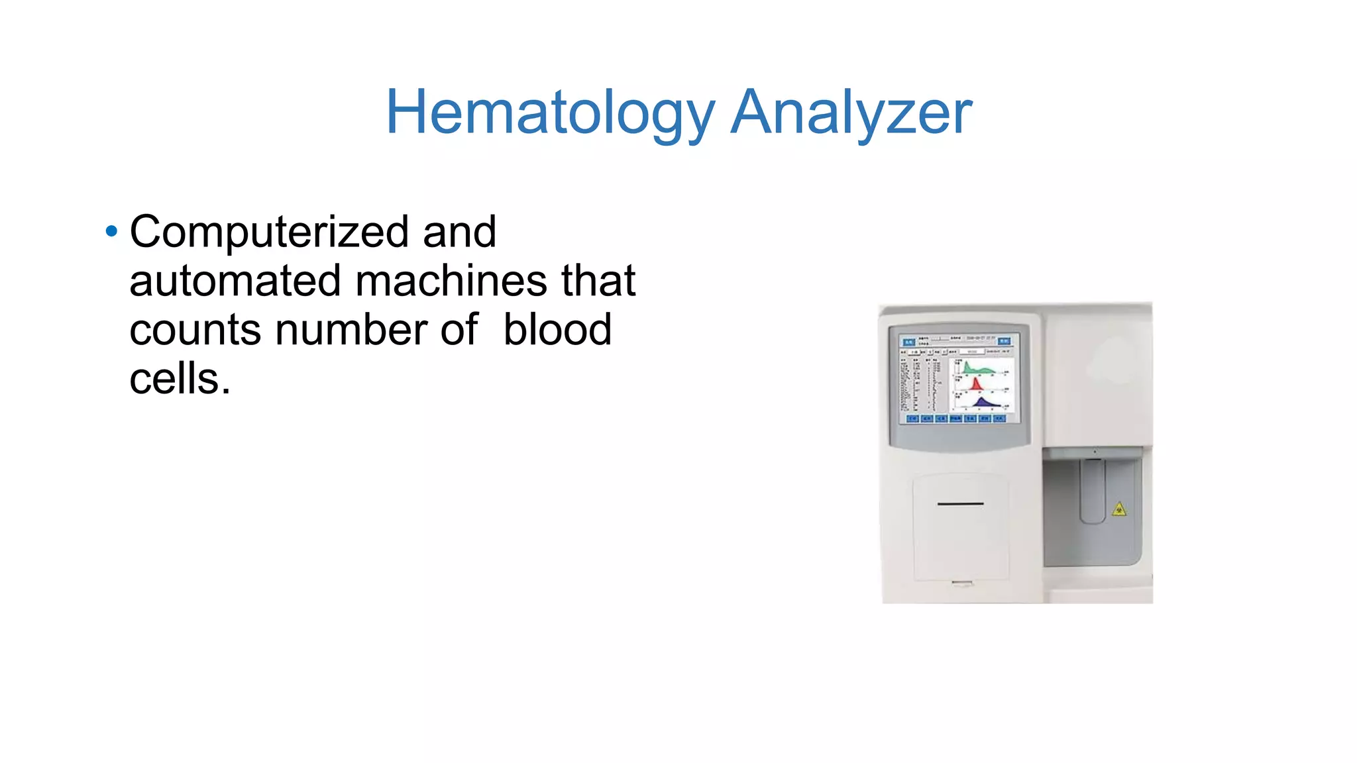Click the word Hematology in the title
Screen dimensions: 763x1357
550,113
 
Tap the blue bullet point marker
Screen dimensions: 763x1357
111,231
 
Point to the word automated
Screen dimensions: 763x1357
235,281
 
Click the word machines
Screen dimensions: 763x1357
451,281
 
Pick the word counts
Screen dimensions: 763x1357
195,330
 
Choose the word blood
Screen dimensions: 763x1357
557,330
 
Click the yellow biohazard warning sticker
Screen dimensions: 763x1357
1118,509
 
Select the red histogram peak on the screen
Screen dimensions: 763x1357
975,384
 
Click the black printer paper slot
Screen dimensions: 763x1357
960,504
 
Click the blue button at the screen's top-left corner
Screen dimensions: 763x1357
908,342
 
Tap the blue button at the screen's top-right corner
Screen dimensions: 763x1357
1004,341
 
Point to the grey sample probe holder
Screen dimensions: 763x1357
1093,491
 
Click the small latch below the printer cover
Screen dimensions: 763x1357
961,584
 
